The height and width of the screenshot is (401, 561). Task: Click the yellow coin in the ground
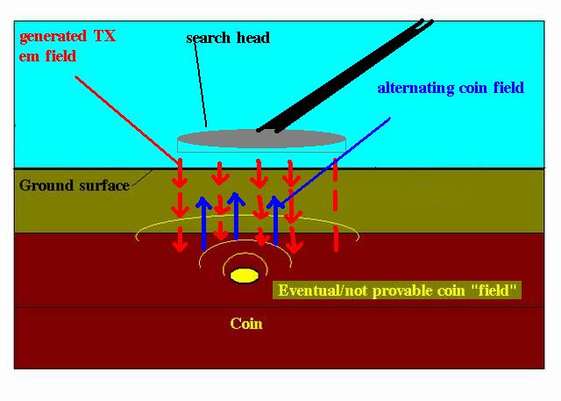(245, 276)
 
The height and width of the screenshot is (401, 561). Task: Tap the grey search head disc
(261, 139)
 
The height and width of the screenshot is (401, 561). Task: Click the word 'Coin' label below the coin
(246, 324)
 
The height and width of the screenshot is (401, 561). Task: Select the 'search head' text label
(228, 38)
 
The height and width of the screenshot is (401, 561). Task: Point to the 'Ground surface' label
(75, 185)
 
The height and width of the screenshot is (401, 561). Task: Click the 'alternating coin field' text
(451, 88)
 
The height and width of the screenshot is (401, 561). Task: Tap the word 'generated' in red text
(53, 37)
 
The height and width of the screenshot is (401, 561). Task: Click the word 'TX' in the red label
(105, 36)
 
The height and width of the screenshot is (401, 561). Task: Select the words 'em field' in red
(47, 56)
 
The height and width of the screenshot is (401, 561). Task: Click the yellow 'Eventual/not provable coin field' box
(397, 290)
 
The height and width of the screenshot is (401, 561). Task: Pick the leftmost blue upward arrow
(204, 223)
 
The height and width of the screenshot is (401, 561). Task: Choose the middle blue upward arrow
(236, 216)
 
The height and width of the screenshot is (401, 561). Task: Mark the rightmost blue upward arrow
(276, 220)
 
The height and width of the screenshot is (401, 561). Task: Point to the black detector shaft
(345, 76)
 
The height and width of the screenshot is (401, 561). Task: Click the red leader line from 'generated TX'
(127, 119)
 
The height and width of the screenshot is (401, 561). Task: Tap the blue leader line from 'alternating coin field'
(336, 161)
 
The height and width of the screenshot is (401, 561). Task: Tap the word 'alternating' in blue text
(415, 88)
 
